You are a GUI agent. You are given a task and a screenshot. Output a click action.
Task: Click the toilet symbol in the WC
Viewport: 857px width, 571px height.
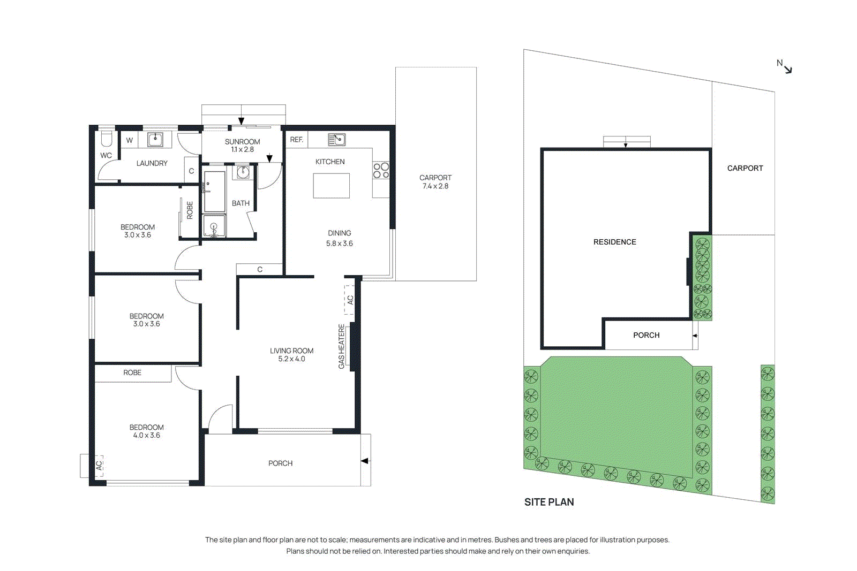(x=107, y=139)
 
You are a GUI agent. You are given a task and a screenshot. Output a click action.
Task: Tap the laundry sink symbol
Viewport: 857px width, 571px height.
(x=155, y=140)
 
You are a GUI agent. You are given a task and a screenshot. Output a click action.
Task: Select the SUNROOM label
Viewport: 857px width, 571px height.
(x=243, y=142)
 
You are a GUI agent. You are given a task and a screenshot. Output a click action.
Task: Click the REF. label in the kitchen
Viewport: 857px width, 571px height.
(x=297, y=140)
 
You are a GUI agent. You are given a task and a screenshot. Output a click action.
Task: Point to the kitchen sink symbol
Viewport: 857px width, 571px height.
(x=336, y=140)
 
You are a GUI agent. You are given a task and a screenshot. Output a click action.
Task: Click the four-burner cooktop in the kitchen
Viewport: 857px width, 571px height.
(x=381, y=171)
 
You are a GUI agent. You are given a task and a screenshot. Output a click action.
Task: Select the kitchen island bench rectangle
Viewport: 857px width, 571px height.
(x=331, y=186)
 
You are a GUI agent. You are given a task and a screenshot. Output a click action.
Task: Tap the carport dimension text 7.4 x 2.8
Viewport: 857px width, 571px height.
(x=435, y=186)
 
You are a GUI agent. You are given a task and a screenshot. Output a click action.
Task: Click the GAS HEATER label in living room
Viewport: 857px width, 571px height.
(x=342, y=346)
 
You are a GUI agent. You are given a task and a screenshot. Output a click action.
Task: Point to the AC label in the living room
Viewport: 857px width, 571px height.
(x=350, y=300)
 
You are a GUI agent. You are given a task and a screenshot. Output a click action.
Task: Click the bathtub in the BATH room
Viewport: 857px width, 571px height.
(x=215, y=191)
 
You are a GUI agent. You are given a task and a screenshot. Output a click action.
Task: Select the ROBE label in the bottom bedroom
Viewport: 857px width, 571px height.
(x=132, y=372)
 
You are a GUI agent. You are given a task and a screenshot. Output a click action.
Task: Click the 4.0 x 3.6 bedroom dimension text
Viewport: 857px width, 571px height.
(x=147, y=436)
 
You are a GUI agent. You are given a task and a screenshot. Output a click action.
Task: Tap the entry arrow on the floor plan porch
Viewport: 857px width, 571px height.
(x=365, y=461)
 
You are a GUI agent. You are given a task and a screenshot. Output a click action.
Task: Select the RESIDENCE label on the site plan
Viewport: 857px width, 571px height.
(x=614, y=242)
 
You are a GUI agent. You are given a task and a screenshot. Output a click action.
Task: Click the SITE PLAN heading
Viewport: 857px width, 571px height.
(x=549, y=502)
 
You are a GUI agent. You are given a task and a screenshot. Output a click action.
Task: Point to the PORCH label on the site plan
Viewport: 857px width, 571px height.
(x=646, y=335)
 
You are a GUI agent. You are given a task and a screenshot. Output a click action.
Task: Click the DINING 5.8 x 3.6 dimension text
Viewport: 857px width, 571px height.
(x=340, y=243)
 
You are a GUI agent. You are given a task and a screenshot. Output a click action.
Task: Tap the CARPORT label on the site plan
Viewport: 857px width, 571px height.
(x=745, y=168)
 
